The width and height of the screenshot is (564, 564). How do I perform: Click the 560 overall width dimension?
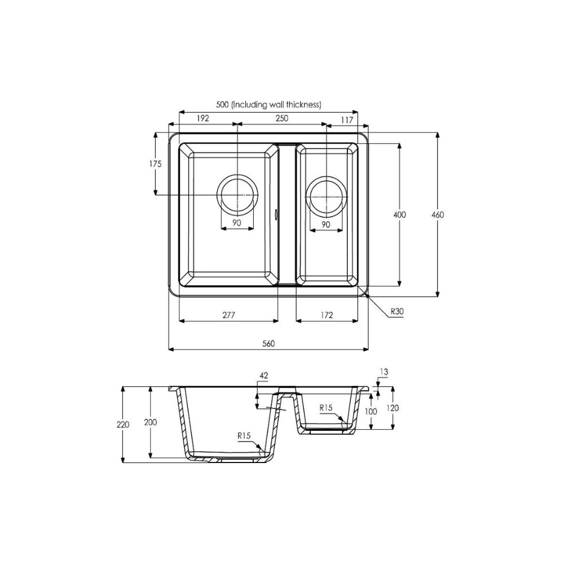(268, 343)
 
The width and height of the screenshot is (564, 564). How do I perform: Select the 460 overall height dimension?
(438, 215)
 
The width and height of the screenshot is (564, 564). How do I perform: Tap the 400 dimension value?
(399, 215)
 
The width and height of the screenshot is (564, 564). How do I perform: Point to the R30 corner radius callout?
(397, 311)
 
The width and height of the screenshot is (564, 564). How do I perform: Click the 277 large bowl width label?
(228, 315)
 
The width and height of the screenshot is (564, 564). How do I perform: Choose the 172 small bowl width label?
(327, 315)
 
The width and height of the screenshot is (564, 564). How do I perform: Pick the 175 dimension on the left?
(156, 164)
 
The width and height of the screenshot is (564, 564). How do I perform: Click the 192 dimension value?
(203, 118)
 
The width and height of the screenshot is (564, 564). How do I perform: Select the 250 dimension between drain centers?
(281, 118)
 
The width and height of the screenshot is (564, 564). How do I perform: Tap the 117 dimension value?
(347, 120)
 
